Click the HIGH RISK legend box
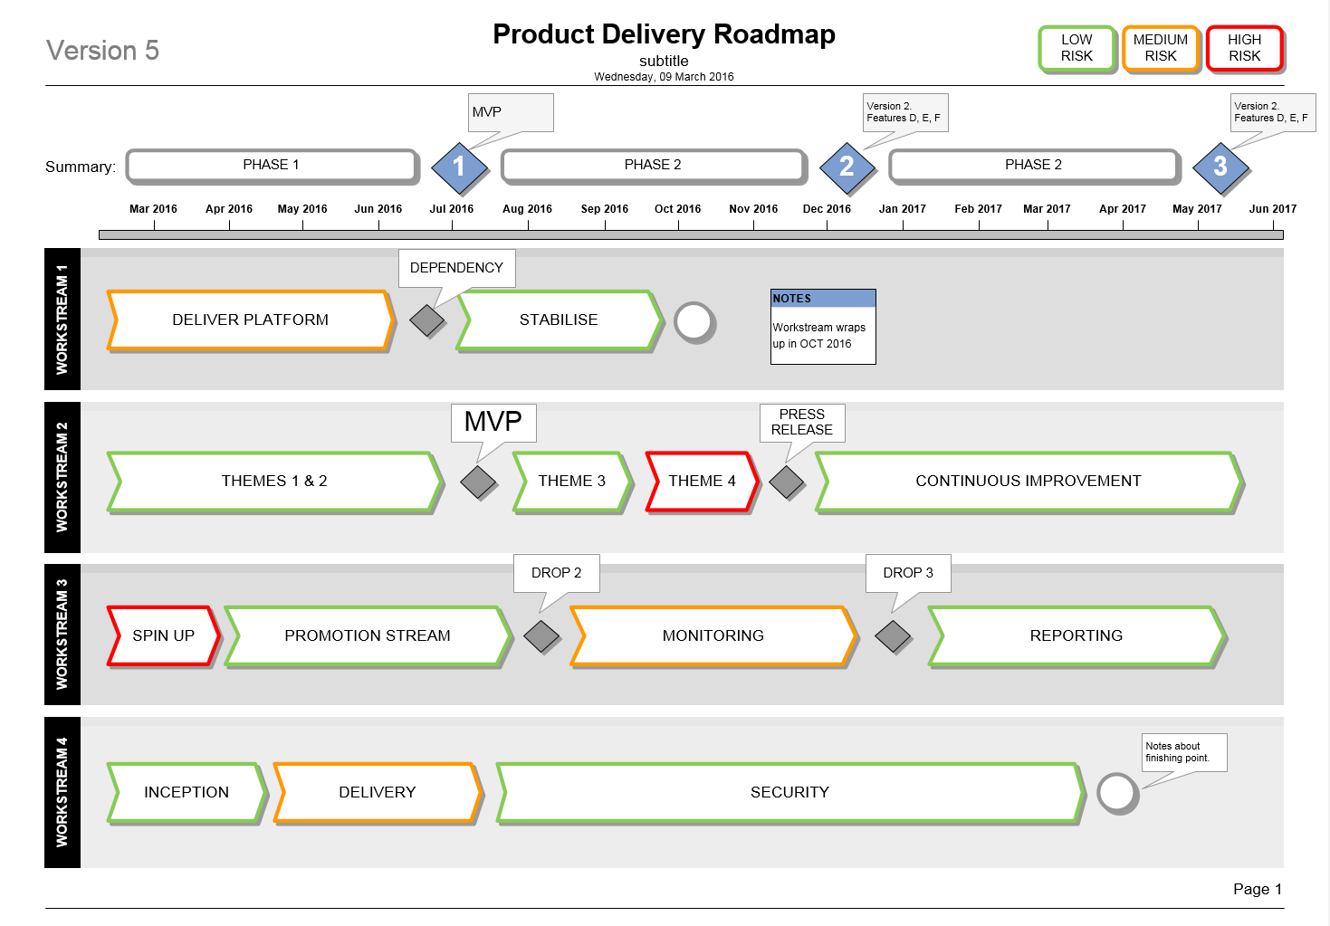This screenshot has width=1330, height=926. click(x=1245, y=48)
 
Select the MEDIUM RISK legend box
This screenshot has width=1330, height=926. click(x=1161, y=48)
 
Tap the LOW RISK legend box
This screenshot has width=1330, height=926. click(x=1076, y=48)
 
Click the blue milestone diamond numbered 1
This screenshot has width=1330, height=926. click(x=459, y=167)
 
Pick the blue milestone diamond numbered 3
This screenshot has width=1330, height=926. click(x=1220, y=167)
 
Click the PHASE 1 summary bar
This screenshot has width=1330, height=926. click(x=272, y=165)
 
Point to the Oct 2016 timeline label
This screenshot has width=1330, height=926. click(x=677, y=209)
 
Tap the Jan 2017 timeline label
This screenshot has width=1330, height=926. click(x=902, y=209)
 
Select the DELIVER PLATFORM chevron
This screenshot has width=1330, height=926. click(x=251, y=320)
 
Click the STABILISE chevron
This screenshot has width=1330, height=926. click(x=559, y=320)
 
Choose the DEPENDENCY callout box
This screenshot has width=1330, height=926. click(x=456, y=268)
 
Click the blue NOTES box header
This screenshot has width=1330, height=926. click(x=823, y=299)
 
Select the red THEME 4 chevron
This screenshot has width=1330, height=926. click(x=702, y=481)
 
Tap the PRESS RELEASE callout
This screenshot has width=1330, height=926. click(x=802, y=422)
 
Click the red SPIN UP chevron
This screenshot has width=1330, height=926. click(x=163, y=635)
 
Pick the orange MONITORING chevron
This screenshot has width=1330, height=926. click(x=713, y=635)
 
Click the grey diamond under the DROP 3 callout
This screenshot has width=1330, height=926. click(x=893, y=636)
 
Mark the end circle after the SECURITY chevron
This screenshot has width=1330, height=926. click(x=1117, y=793)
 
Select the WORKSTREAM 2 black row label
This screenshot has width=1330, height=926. click(x=62, y=477)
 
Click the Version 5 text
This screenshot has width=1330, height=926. click(x=102, y=51)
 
